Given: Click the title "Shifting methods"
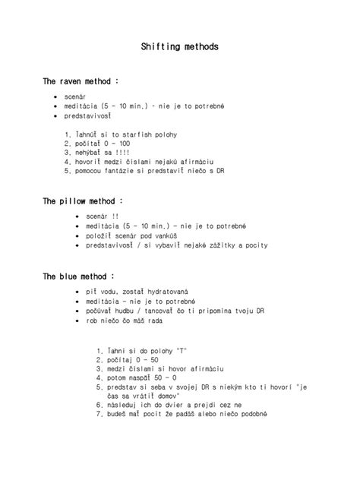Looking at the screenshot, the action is coord(180,47).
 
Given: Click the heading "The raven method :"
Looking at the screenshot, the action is coord(81,81).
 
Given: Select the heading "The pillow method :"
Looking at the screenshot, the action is coord(83,201).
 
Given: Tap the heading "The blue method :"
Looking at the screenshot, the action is coord(80,276).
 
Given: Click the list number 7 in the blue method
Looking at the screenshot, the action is coord(99,415).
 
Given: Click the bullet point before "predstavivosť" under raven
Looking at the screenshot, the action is coord(55,116).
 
